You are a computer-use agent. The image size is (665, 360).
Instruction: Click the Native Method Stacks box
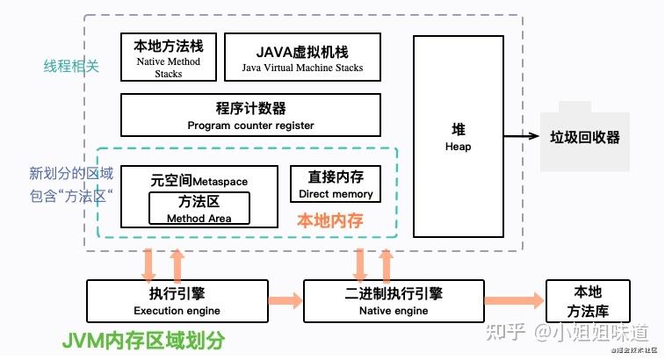(168, 57)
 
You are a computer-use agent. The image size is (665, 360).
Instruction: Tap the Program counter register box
(250, 116)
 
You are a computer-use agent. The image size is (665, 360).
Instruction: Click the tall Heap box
(458, 137)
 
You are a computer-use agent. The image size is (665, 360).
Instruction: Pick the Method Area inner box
(199, 209)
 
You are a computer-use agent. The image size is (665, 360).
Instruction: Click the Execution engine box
(177, 300)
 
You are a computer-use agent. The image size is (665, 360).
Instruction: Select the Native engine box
(394, 300)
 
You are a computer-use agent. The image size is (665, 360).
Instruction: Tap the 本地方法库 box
(589, 300)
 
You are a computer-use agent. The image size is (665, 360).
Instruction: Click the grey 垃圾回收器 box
(584, 138)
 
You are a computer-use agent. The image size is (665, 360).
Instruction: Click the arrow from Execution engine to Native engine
(285, 300)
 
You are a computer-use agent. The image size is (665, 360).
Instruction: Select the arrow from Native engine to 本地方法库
(514, 300)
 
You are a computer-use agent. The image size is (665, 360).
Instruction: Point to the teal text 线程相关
(71, 66)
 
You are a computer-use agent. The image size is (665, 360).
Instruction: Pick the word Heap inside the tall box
(458, 147)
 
